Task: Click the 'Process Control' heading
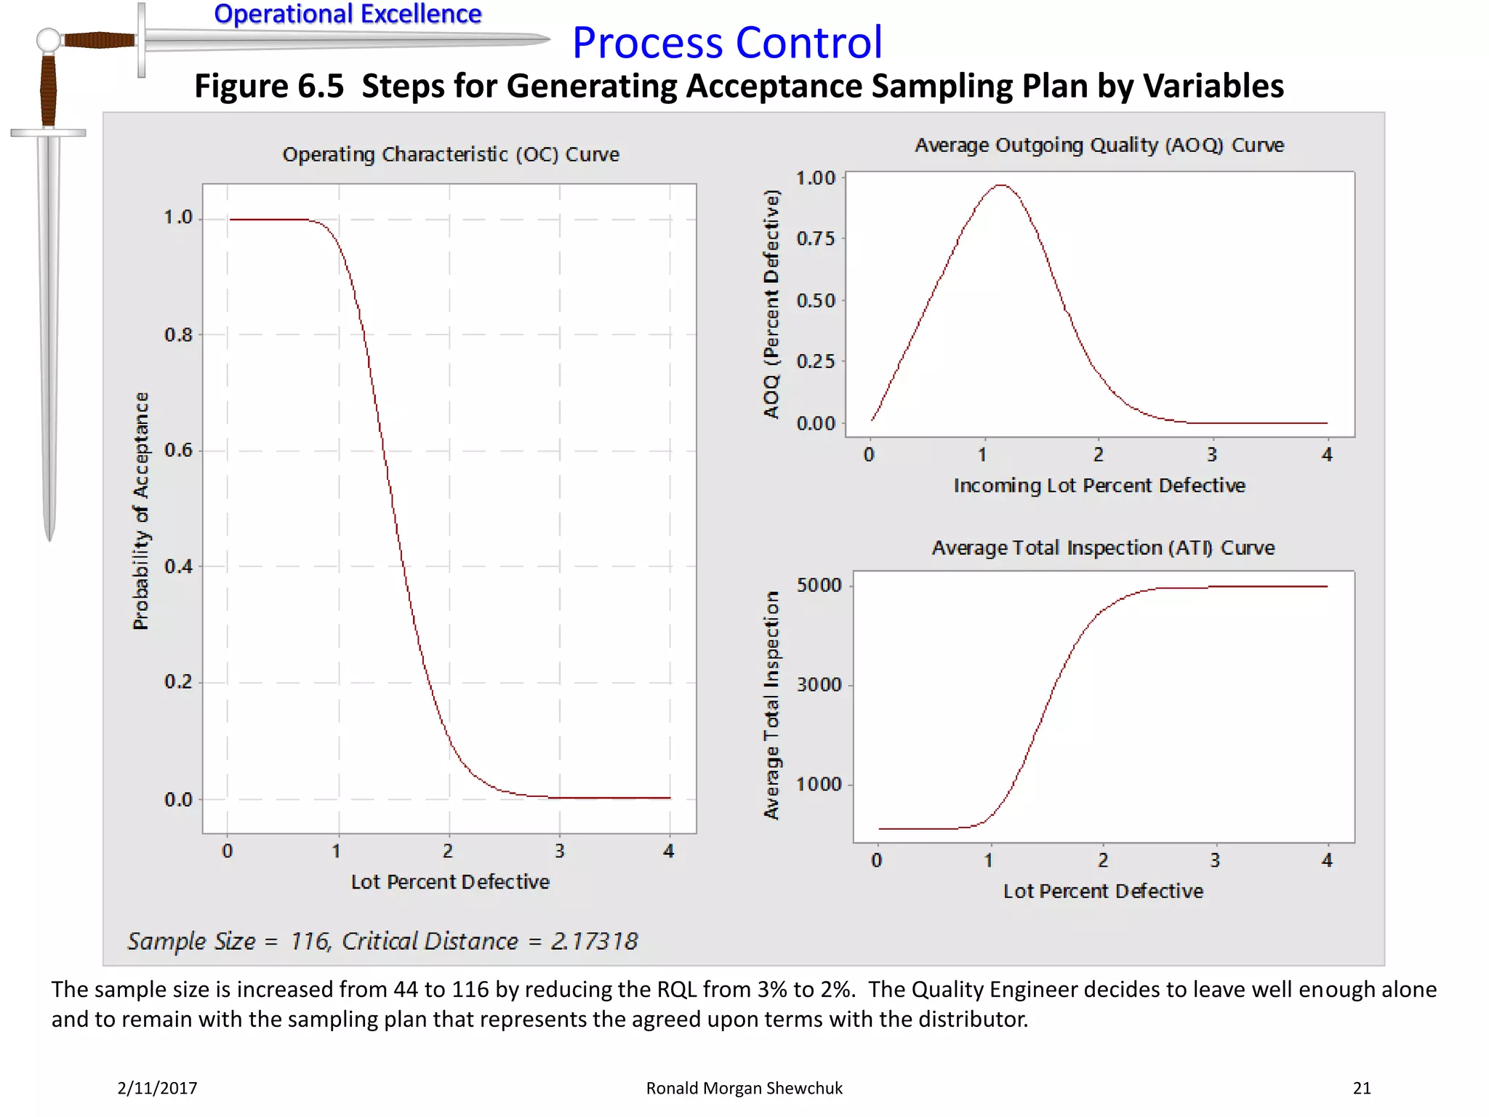727,43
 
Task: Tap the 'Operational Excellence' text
348,14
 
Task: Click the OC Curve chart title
451,154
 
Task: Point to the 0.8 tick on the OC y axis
179,335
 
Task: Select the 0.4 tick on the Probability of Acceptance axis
179,566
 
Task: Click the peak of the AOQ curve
1002,185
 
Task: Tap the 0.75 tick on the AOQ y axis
816,239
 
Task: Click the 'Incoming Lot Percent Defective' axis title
1099,486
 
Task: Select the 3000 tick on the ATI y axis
819,685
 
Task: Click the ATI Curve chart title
1103,548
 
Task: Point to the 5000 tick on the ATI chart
819,585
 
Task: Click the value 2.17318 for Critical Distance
594,941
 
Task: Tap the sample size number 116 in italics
310,941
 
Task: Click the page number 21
1362,1088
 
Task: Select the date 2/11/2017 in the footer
157,1088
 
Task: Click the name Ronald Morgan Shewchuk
744,1088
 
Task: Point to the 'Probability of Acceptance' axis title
141,511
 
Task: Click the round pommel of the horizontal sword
49,40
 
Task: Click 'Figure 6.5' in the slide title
268,86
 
